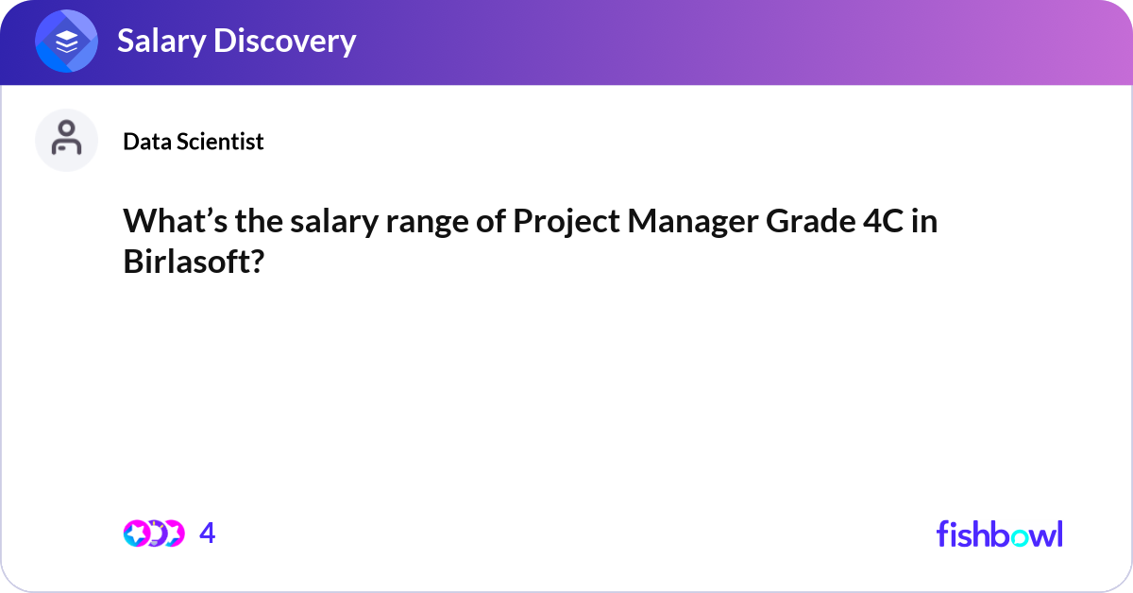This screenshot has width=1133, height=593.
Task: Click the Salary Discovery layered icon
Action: [x=67, y=42]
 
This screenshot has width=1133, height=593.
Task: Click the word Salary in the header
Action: [x=156, y=42]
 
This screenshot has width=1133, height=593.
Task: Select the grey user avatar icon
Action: [x=67, y=140]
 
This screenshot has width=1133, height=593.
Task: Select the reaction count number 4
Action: [x=208, y=534]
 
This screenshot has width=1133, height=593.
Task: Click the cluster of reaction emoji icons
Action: [x=153, y=534]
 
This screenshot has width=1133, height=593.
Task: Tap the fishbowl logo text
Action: [x=999, y=534]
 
